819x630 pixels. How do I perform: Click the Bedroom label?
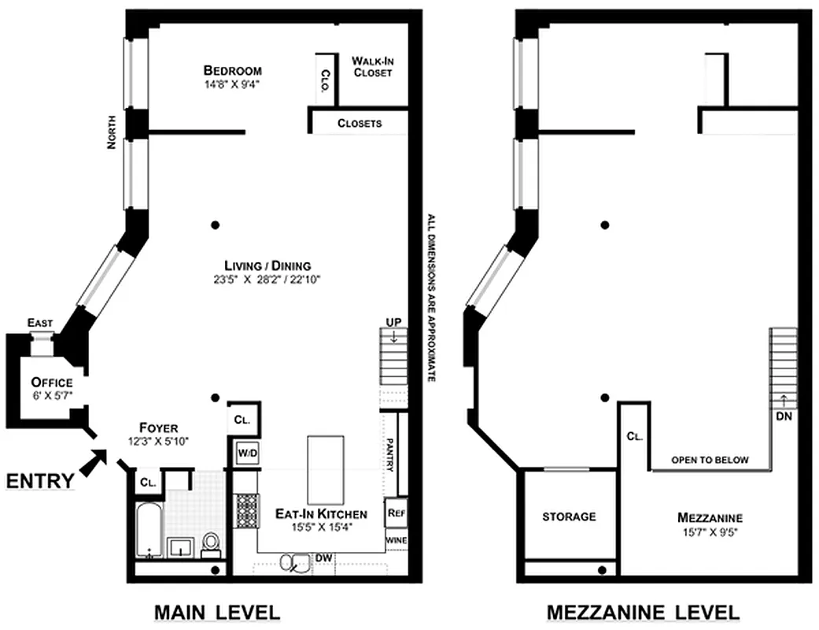tap(232, 71)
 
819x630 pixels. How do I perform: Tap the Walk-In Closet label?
tap(372, 67)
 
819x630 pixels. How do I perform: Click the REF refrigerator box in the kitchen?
tap(396, 513)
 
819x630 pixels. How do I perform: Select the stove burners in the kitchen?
tap(247, 510)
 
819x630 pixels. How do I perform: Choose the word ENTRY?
tap(42, 480)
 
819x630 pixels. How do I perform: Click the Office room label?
tap(52, 383)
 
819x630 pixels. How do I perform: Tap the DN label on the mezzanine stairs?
tap(784, 416)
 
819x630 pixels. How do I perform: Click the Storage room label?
tap(569, 517)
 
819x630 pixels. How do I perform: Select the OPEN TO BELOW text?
tap(710, 460)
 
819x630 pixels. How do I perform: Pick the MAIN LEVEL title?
tap(216, 612)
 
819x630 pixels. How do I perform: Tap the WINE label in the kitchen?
tap(396, 541)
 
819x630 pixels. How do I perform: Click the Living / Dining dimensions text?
tap(256, 279)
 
